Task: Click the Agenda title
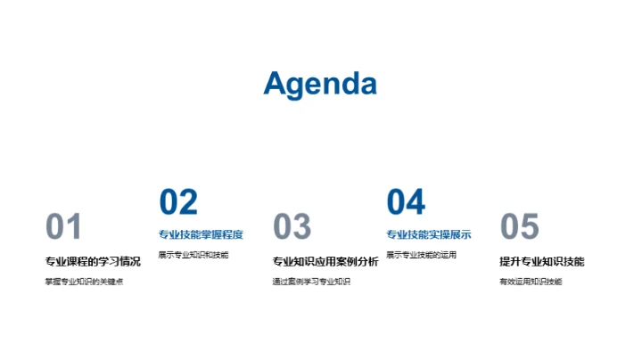[320, 83]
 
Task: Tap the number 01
[63, 227]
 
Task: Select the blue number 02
[178, 202]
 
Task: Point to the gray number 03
[292, 227]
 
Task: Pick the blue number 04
[406, 202]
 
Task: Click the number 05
[520, 227]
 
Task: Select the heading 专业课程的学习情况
[93, 262]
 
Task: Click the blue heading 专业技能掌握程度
[201, 235]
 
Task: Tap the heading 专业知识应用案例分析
[325, 262]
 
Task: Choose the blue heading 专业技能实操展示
[429, 235]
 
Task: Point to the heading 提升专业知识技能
[542, 262]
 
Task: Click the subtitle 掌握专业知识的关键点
[84, 282]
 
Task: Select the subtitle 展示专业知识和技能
[193, 255]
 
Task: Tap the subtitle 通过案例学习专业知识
[311, 282]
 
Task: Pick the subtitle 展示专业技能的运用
[421, 255]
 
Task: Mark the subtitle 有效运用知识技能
[531, 282]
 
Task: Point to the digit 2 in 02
[188, 202]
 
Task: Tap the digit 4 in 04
[416, 202]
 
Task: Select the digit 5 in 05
[530, 227]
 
